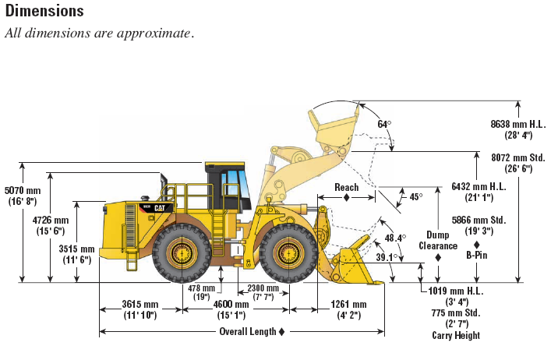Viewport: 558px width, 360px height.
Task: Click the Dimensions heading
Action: (44, 11)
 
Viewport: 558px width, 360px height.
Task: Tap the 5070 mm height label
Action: (23, 191)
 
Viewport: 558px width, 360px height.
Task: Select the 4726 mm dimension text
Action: (51, 221)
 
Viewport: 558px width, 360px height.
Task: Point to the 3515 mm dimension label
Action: (77, 249)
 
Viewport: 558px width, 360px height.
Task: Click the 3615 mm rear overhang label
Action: (140, 304)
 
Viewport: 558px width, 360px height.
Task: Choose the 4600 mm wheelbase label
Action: (231, 304)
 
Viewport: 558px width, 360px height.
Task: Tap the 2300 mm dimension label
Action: (263, 288)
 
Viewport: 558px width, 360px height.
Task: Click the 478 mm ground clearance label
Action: (201, 288)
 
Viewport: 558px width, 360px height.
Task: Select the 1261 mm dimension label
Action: (349, 304)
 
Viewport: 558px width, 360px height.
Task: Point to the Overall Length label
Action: (248, 331)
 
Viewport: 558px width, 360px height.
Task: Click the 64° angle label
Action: (384, 124)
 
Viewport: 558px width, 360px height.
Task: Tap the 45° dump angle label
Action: (416, 196)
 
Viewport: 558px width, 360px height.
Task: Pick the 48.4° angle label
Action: (395, 238)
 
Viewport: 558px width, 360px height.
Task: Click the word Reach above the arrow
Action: (347, 188)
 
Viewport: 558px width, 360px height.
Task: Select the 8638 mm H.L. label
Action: (518, 124)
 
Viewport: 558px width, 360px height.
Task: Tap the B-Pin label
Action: (477, 255)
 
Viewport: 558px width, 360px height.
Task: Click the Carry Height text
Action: (456, 335)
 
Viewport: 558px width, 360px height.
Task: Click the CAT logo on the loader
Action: (159, 208)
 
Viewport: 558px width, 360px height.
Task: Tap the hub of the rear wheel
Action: (182, 253)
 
